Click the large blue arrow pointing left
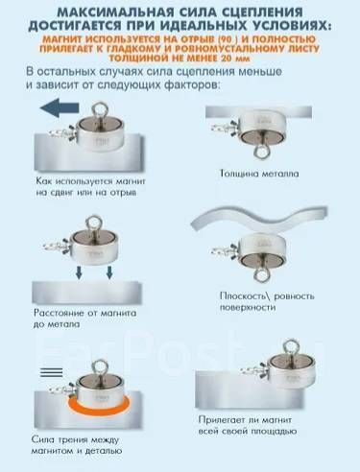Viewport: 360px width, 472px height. click(x=60, y=107)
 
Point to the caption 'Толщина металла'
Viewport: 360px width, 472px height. click(x=259, y=174)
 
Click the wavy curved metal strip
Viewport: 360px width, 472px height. click(x=259, y=220)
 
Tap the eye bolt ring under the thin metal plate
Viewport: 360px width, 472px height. click(x=261, y=151)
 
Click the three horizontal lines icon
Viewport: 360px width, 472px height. click(x=52, y=372)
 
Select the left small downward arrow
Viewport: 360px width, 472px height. click(x=79, y=272)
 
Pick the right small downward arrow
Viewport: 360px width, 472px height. click(x=109, y=272)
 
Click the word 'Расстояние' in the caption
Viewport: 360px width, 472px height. click(x=60, y=313)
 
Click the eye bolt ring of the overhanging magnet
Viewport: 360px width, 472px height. click(x=290, y=347)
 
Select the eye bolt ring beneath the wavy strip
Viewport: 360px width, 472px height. click(x=261, y=274)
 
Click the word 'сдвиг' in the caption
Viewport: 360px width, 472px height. click(x=61, y=193)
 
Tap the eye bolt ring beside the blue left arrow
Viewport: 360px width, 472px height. click(x=98, y=109)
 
